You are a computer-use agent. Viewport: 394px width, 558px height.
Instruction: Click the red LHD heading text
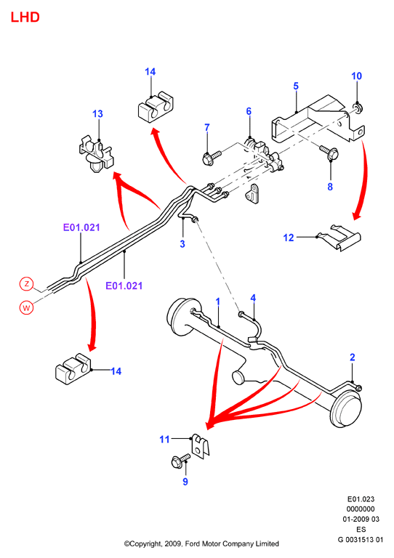pos(25,17)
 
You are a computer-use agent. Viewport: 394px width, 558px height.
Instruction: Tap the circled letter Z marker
pos(26,284)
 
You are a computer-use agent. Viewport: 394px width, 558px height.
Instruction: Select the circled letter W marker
pos(26,307)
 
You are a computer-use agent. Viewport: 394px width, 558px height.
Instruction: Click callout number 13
pos(97,114)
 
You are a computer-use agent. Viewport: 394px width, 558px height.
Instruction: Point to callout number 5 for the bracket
pos(296,86)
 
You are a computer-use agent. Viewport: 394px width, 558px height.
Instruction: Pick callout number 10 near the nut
pos(357,76)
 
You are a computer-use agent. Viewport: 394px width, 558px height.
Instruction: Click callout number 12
pos(289,238)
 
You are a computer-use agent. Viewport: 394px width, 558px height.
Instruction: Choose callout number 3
pos(182,244)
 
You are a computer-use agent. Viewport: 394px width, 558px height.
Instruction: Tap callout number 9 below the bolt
pos(185,482)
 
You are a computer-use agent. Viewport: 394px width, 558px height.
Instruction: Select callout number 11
pos(164,440)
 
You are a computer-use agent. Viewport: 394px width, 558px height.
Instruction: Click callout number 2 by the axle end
pos(353,357)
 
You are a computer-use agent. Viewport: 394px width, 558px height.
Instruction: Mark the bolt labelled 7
pos(211,158)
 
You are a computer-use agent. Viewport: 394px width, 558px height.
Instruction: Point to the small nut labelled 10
pos(357,107)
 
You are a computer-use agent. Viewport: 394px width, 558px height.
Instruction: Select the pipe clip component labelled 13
pos(95,153)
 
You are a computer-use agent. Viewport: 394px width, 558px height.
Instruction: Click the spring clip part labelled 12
pos(339,237)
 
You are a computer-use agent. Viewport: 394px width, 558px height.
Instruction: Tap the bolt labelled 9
pos(180,461)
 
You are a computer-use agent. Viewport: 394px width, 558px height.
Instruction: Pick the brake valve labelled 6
pos(264,155)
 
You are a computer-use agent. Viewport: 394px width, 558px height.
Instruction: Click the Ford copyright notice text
pos(201,543)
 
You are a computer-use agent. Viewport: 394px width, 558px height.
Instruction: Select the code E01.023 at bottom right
pos(361,499)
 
